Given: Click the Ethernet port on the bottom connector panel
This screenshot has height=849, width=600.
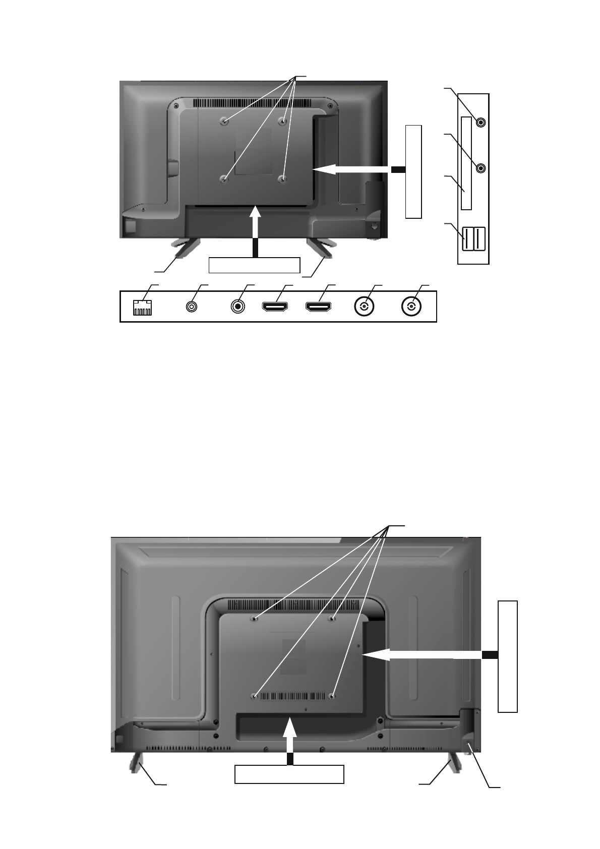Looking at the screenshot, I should click(142, 308).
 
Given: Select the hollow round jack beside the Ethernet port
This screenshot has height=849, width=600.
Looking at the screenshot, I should click(192, 307).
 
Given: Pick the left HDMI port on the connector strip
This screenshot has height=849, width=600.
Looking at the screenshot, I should click(275, 307).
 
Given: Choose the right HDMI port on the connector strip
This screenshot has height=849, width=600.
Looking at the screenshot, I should click(318, 307).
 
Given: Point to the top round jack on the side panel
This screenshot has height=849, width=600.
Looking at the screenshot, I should click(481, 123).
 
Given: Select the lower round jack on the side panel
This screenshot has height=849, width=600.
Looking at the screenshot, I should click(481, 168).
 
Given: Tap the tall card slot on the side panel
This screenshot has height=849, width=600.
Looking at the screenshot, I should click(466, 163).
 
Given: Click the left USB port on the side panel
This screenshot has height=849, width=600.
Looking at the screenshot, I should click(468, 239).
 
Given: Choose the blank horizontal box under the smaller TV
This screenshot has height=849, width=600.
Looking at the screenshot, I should click(255, 265).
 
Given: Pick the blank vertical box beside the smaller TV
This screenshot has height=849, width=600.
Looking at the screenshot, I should click(413, 171).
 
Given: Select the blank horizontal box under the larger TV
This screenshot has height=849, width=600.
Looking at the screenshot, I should click(289, 774).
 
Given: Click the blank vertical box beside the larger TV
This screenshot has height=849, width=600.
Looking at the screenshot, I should click(507, 656).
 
